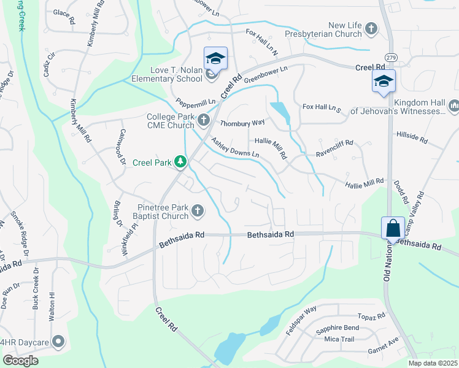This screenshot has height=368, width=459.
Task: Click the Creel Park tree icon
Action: (x=180, y=161)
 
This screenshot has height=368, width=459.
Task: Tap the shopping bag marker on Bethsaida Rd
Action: (x=392, y=228)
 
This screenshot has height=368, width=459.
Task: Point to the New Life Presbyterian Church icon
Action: (x=371, y=28)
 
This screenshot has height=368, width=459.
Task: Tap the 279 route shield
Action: (x=392, y=57)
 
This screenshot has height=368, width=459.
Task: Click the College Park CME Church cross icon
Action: (x=204, y=118)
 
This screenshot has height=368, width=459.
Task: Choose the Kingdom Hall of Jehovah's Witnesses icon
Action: (x=454, y=106)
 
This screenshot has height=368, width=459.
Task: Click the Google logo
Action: (x=20, y=361)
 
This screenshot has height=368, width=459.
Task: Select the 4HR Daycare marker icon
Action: (x=59, y=341)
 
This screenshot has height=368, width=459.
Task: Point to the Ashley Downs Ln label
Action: (x=236, y=149)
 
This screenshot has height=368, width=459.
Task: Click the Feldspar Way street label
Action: (x=301, y=320)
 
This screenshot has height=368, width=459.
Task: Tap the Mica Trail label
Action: (x=340, y=339)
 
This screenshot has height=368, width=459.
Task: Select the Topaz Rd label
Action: (x=372, y=316)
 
